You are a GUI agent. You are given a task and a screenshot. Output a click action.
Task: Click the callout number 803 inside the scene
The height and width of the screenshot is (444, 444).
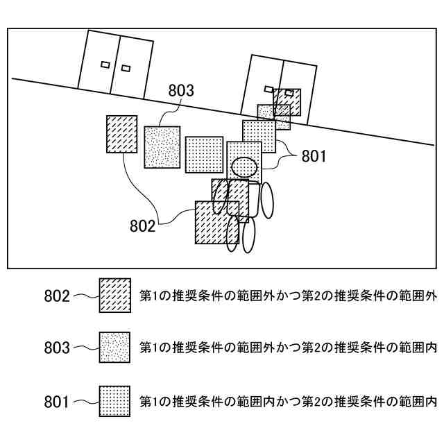click(181, 90)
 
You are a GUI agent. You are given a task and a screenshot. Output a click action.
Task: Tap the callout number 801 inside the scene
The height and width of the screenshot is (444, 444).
click(313, 156)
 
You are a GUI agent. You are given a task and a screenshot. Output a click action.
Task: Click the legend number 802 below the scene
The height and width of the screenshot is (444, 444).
click(57, 296)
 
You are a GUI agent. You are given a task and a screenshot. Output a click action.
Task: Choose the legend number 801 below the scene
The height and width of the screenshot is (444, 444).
click(57, 400)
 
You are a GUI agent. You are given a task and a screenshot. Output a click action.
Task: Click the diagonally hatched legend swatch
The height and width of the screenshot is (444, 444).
click(115, 296)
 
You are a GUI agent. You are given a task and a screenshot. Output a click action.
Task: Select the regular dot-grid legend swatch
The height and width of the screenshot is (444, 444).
click(115, 400)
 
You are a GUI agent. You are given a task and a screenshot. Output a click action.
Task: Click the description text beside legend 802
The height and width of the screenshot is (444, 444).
click(288, 296)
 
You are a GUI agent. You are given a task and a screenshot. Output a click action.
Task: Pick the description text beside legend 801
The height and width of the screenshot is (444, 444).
click(288, 400)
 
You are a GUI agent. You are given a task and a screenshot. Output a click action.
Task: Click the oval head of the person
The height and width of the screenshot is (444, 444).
click(244, 166)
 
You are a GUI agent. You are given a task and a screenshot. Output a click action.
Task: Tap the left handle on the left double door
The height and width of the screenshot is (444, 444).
click(105, 65)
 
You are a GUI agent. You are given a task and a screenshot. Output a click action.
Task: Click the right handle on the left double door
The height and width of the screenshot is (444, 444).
click(126, 68)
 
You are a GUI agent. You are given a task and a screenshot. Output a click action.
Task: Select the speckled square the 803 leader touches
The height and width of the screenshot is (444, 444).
click(162, 146)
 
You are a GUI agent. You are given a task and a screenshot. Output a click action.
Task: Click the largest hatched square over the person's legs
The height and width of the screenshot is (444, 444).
click(216, 222)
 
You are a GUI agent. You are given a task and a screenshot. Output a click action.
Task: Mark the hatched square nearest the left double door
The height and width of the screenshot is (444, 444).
click(121, 134)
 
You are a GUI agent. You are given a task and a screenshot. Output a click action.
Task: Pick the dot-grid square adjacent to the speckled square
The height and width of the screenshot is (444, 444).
click(204, 153)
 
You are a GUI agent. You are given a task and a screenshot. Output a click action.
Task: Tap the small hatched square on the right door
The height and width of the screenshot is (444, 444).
click(287, 102)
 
